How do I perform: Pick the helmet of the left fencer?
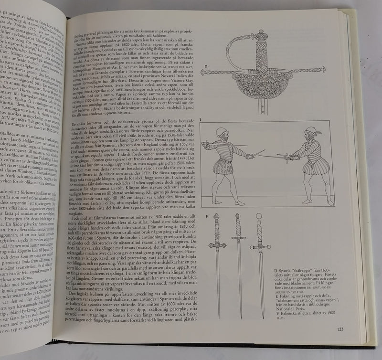coord(221,132)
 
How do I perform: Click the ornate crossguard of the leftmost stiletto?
coord(217,245)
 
